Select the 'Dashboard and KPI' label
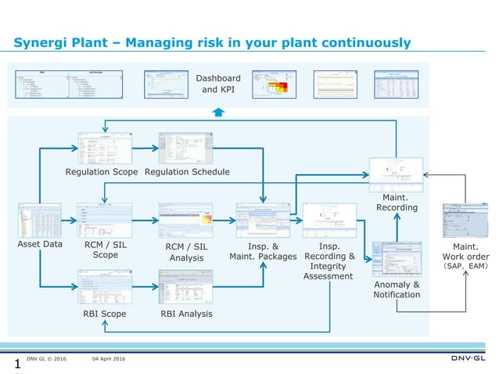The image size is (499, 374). tap(218, 84)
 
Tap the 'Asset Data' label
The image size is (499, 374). tap(41, 244)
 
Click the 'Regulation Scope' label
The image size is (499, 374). tap(102, 171)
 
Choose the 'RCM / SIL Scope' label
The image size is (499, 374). tap(105, 250)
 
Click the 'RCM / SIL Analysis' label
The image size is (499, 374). tap(186, 252)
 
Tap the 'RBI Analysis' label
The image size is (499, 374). tap(185, 314)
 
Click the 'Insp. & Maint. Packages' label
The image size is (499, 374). tap(263, 250)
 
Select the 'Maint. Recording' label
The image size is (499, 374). tap(397, 202)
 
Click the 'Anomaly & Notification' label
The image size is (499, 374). tap(397, 289)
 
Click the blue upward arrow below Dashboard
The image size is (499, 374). tap(219, 112)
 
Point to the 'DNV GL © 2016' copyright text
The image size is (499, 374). tap(47, 359)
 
